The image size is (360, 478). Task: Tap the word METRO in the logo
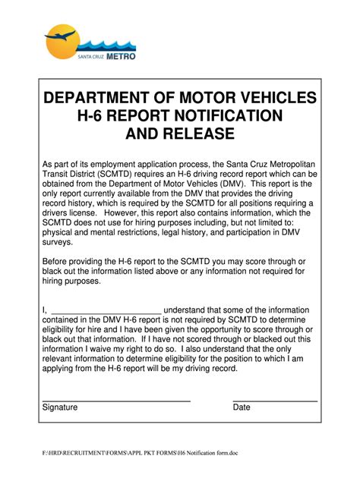[x=121, y=56]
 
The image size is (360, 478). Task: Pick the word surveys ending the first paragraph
[x=58, y=243]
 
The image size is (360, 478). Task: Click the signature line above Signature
[x=115, y=401]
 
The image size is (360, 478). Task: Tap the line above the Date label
[x=274, y=401]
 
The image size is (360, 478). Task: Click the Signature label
[x=60, y=407]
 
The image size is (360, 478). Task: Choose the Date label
[x=242, y=407]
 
